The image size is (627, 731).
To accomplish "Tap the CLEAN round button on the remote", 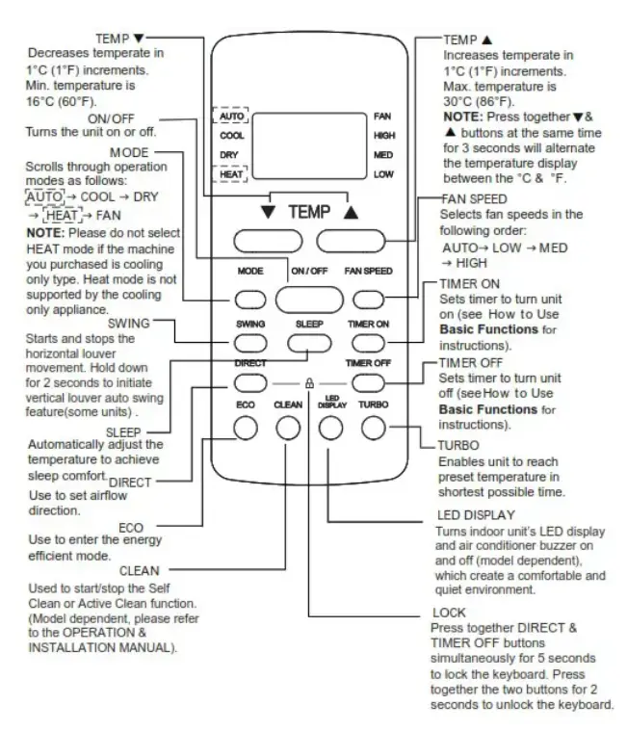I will coord(288,427).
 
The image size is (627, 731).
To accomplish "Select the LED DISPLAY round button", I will coord(329,427).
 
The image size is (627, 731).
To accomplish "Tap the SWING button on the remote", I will coord(249,341).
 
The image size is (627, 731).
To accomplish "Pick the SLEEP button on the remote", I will coord(307,341).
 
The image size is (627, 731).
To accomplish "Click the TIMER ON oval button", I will coord(367,341).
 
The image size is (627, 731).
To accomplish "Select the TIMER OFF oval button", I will coord(367,382).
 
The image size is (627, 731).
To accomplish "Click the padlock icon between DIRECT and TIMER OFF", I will coord(308,382).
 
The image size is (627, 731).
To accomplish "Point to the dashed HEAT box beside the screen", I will coord(233,174).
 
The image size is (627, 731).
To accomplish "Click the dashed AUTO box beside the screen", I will coord(233,116).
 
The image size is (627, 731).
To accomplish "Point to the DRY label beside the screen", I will coord(228,154).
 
